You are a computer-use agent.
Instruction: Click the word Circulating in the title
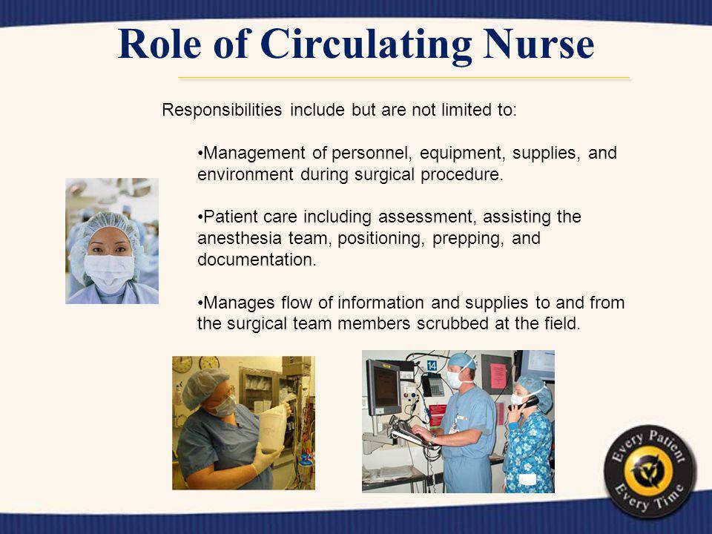(x=366, y=44)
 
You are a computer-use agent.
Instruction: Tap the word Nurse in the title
(x=539, y=44)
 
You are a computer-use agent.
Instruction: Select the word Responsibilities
(x=222, y=110)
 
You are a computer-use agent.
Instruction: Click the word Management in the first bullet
(x=254, y=153)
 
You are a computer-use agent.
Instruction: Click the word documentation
(x=257, y=260)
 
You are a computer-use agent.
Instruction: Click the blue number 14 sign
(x=432, y=365)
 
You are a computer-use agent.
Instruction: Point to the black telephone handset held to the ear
(x=527, y=402)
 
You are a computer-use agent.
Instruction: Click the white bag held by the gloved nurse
(x=273, y=428)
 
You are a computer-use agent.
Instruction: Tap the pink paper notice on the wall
(x=498, y=377)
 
